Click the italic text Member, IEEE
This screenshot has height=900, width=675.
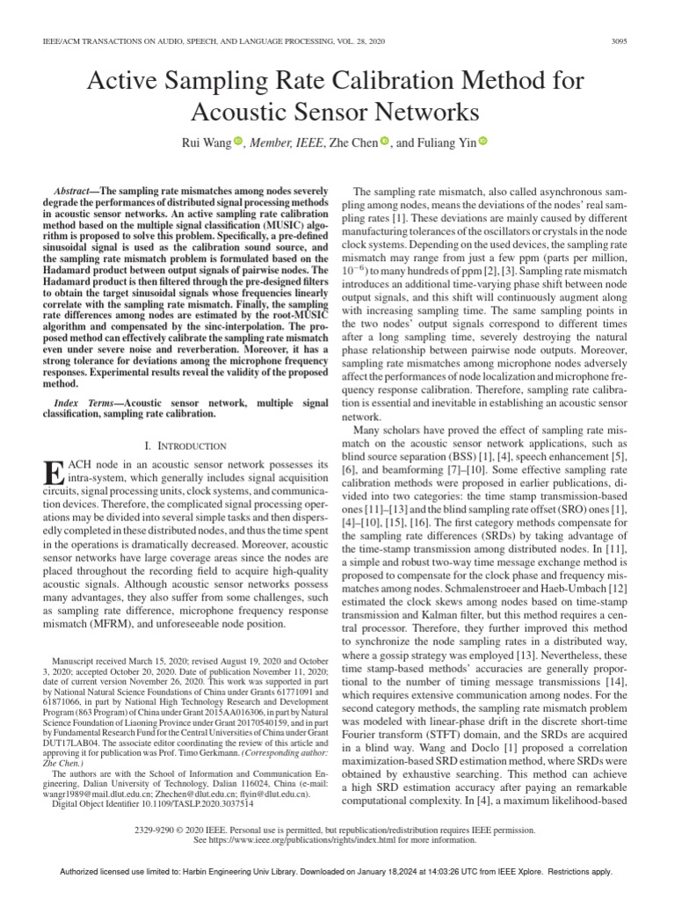coord(286,142)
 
